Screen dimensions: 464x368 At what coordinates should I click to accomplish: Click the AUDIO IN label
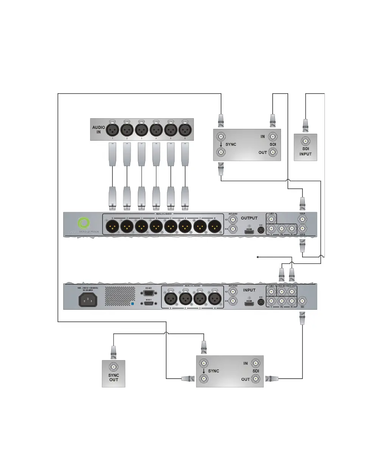point(99,130)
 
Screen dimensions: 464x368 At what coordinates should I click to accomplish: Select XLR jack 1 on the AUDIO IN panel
point(112,130)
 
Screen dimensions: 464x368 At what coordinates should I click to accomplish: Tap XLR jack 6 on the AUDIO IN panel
point(184,130)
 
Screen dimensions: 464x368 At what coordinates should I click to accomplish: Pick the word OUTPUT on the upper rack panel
point(249,218)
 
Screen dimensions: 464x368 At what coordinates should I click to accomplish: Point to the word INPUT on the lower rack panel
point(249,290)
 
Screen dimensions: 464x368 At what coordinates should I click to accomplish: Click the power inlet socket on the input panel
point(87,300)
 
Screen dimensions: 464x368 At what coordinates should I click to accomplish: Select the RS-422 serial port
point(148,293)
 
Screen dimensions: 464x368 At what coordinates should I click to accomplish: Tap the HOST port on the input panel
point(148,304)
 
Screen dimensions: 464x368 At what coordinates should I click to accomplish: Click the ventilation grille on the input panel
point(120,296)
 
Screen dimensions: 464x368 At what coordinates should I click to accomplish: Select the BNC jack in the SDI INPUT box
point(305,142)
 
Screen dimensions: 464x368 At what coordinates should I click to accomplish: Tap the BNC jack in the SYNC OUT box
point(113,367)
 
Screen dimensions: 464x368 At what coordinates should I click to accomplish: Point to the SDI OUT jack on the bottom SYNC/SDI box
point(256,379)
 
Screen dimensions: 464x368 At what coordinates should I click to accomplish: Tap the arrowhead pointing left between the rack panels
point(258,257)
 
